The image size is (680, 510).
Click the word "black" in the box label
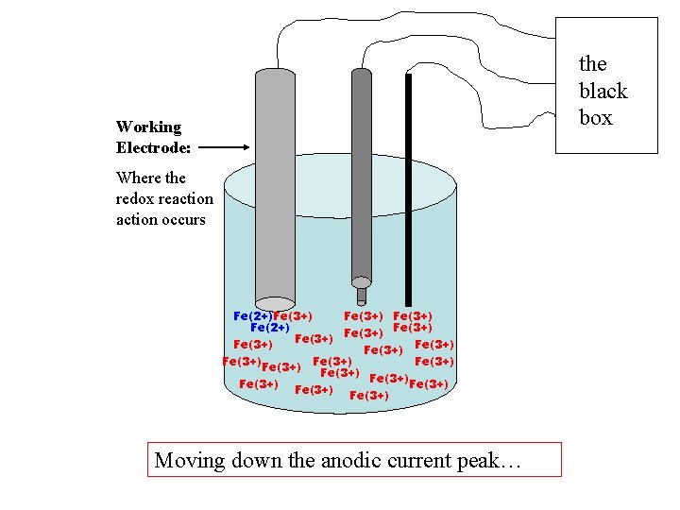pos(603,91)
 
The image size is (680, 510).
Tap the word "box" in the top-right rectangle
pos(595,118)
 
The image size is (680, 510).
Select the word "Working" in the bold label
pos(148,127)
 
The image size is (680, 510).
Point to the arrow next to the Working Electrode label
pos(224,147)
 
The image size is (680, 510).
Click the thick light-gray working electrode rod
pos(275,189)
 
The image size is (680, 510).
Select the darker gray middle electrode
pos(362,170)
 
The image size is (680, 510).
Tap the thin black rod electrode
pos(408,189)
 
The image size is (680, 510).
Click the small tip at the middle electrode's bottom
pos(361,280)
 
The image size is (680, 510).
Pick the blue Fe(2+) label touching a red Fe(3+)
pos(252,315)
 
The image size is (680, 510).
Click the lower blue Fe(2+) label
pos(269,328)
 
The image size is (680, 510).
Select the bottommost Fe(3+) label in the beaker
pos(368,396)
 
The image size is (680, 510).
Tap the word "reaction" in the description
pos(189,198)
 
